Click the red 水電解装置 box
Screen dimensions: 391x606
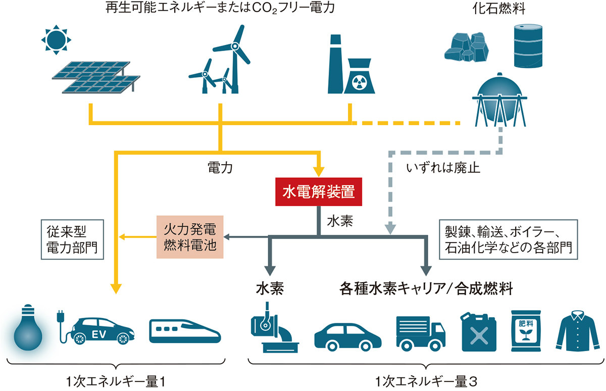click(x=319, y=192)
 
